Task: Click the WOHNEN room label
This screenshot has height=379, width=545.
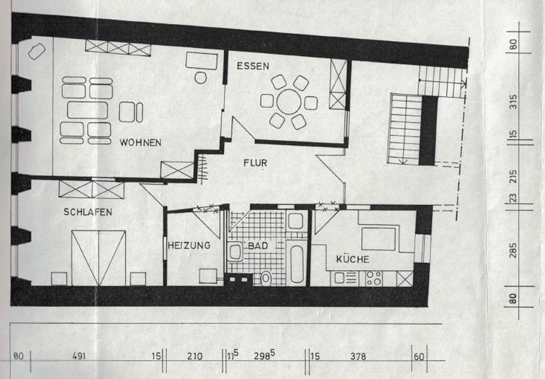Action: click(141, 143)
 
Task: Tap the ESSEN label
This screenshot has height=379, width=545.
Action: click(252, 66)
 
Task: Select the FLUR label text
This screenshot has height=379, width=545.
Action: click(255, 163)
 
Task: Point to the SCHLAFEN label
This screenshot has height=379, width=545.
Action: click(88, 211)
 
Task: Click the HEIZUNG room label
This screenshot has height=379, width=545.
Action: click(189, 245)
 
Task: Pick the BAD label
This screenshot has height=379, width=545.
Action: click(258, 246)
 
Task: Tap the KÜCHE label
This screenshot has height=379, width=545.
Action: click(353, 259)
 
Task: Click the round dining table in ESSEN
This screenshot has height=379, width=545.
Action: click(289, 102)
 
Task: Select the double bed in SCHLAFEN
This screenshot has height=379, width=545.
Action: click(98, 257)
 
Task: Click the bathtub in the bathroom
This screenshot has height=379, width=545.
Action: click(297, 264)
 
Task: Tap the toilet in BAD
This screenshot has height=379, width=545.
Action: click(266, 278)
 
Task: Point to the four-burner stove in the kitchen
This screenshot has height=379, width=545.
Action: click(374, 278)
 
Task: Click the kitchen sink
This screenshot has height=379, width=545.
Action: click(346, 278)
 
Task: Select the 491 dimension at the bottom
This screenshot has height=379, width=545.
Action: click(79, 356)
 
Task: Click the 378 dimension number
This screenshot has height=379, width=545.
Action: click(358, 356)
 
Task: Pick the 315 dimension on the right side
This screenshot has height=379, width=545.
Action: click(513, 102)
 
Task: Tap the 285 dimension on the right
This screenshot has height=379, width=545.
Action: click(513, 251)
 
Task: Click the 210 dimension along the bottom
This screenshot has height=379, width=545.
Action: click(194, 356)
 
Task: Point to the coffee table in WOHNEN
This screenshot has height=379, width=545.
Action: click(87, 110)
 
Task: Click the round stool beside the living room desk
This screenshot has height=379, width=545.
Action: click(201, 78)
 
